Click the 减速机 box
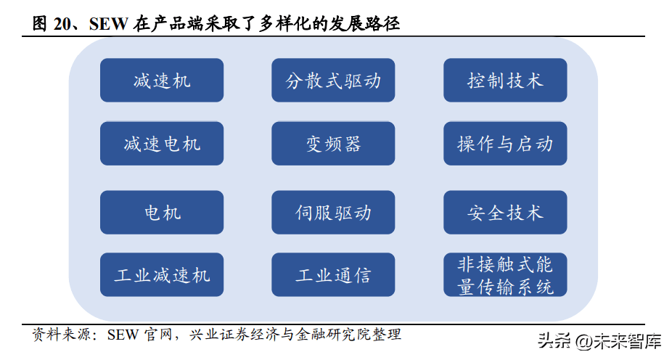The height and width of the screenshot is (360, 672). tap(162, 80)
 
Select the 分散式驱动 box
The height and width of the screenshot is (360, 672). tap(333, 80)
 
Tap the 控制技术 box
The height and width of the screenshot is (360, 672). tap(505, 80)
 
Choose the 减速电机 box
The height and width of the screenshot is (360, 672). tap(162, 144)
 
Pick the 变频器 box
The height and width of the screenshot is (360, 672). tap(333, 144)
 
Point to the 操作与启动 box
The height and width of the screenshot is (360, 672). tap(505, 144)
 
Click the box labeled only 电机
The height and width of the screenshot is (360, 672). tap(162, 212)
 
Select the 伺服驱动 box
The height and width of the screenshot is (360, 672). tap(333, 212)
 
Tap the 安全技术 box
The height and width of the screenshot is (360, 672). tap(505, 212)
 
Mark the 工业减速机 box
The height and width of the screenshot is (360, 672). tap(162, 274)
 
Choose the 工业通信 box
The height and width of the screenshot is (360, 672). tap(333, 274)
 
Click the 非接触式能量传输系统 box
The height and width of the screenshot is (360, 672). tap(505, 274)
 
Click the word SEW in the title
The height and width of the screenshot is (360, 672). tap(108, 23)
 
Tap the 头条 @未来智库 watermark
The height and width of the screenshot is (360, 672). tap(600, 341)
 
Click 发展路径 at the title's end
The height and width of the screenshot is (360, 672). tap(364, 23)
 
